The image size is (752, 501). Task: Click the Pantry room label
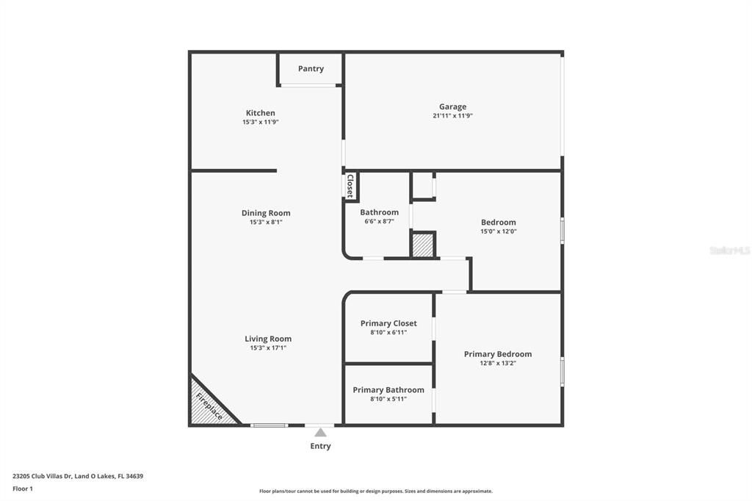(x=311, y=68)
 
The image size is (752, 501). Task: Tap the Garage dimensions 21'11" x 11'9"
(x=452, y=115)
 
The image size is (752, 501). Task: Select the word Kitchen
(x=261, y=113)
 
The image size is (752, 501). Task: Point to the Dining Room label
(x=266, y=213)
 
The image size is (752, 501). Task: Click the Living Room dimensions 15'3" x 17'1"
(x=268, y=348)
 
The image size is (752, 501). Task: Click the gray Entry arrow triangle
(x=320, y=433)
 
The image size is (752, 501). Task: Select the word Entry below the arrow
(x=320, y=446)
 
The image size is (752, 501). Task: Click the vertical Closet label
(x=350, y=186)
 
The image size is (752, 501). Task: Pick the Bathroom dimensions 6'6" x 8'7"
(x=380, y=221)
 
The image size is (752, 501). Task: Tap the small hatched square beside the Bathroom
(x=422, y=245)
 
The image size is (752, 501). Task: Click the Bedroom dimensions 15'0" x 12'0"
(x=499, y=231)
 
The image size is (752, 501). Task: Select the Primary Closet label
(x=388, y=323)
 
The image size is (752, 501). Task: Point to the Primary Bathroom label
(x=388, y=389)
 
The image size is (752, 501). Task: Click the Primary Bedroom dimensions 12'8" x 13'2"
(x=498, y=364)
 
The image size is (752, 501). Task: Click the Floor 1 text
(x=23, y=489)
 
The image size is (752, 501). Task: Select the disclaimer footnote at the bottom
(x=376, y=491)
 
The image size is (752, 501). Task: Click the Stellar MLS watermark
(x=730, y=250)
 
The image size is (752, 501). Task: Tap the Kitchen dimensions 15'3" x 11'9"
(x=261, y=123)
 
